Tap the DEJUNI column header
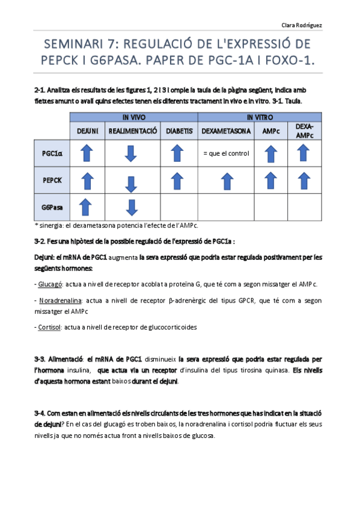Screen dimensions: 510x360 pos(87,131)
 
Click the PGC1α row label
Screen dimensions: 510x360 pos(52,153)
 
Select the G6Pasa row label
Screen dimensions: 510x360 pos(52,207)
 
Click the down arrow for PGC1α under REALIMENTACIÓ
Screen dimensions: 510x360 pos(132,153)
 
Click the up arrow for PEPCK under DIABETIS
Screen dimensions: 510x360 pos(178,180)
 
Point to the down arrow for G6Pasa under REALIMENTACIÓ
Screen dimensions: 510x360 pos(132,208)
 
